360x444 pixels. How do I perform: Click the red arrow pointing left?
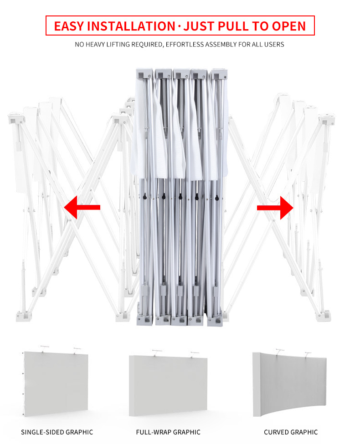pos(82,207)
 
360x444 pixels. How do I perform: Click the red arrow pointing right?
pos(275,208)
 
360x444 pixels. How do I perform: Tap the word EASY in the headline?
pos(69,26)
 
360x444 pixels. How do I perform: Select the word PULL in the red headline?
pos(233,26)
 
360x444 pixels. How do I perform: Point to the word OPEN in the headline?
pos(288,26)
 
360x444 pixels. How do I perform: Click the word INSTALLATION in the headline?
pos(131,26)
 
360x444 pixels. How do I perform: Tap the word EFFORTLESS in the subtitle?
pos(185,45)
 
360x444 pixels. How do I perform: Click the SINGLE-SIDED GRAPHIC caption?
pos(57,432)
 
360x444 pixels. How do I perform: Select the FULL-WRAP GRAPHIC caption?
pos(168,432)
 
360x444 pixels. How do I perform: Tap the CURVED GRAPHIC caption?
pos(291,432)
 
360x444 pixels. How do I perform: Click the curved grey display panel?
pos(289,384)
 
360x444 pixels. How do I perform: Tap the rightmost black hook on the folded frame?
pos(217,198)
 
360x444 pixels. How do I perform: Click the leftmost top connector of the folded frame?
pos(144,74)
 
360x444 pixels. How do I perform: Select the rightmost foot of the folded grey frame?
pos(215,321)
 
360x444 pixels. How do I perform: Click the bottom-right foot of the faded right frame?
pos(324,316)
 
